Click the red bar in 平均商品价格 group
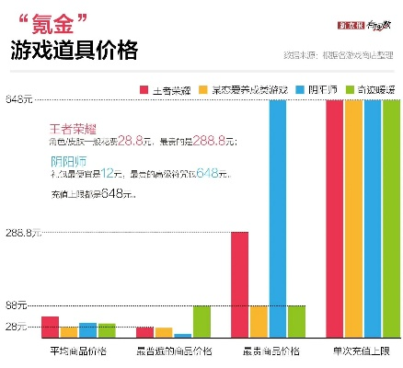pyautogui.click(x=51, y=328)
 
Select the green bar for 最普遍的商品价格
pyautogui.click(x=201, y=322)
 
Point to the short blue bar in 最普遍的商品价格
pyautogui.click(x=182, y=336)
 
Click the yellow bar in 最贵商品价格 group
pyautogui.click(x=259, y=322)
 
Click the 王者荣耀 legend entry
pyautogui.click(x=167, y=89)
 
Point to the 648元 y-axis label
pyautogui.click(x=20, y=99)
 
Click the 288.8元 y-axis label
pyautogui.click(x=22, y=233)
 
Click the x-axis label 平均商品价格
pyautogui.click(x=78, y=351)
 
